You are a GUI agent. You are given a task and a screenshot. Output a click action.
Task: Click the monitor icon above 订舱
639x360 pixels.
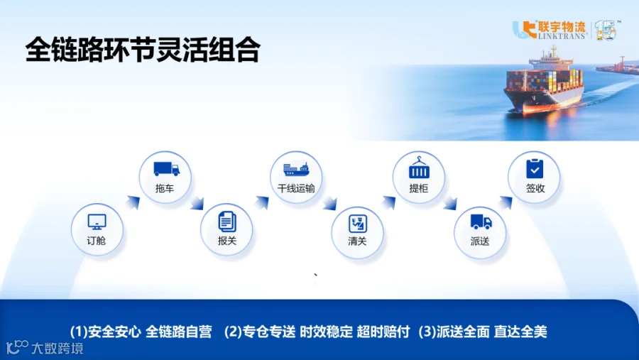pos(97,222)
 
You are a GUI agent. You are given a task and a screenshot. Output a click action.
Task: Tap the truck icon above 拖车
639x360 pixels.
pos(166,169)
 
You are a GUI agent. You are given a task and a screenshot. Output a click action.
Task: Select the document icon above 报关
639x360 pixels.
pos(227,222)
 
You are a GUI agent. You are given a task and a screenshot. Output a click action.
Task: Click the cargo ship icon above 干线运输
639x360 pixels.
pos(296,169)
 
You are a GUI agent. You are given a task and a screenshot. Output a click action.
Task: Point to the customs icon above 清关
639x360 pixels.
pos(357,224)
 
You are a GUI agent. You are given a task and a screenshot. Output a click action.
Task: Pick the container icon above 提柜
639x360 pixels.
pos(419,168)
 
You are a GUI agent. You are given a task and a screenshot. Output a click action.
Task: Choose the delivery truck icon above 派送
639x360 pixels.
pos(481,222)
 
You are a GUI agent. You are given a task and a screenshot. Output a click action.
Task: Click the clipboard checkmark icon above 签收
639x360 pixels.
pos(535,169)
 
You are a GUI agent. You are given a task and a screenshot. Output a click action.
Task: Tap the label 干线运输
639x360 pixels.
pos(296,188)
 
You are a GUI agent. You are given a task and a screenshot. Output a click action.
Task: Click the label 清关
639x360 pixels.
pos(357,241)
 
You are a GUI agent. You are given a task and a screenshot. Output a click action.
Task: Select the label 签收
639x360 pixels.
pos(535,188)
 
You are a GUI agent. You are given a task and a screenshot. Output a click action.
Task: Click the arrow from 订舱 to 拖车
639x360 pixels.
pos(133,202)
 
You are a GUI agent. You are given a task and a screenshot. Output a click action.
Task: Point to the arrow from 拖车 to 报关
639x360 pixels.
pos(197,203)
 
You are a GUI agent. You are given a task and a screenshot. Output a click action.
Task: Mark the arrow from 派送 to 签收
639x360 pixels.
pos(506,202)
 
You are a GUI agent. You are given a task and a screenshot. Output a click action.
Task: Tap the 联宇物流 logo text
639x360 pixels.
pos(562,27)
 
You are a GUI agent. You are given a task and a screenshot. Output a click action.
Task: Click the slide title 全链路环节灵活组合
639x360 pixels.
pos(143,50)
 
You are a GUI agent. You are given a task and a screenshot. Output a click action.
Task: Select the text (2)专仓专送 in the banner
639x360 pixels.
pos(260,332)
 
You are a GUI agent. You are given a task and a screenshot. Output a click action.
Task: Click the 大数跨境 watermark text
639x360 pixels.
pos(57,348)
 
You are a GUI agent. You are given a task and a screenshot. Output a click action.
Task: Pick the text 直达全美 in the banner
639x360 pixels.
pos(520,332)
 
